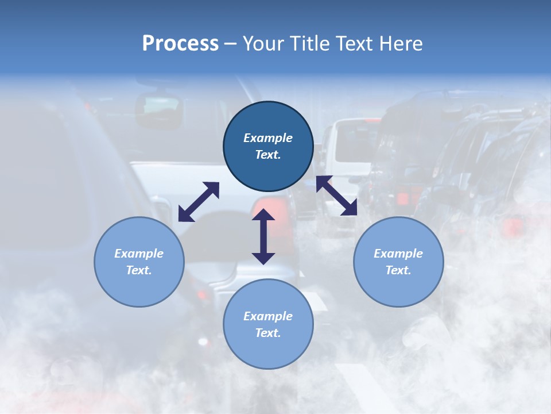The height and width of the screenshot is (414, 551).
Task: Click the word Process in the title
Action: click(x=180, y=44)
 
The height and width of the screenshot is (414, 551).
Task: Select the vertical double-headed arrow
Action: click(x=263, y=237)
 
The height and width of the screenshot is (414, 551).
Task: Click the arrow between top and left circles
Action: click(x=199, y=202)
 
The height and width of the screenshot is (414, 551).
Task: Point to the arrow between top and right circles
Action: click(x=337, y=195)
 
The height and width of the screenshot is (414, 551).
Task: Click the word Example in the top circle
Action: click(x=268, y=138)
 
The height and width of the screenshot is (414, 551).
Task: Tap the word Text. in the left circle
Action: click(x=139, y=270)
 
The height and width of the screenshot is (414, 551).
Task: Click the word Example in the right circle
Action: click(x=398, y=254)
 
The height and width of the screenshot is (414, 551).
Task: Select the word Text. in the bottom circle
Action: click(x=268, y=333)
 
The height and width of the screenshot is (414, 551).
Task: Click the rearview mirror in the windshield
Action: click(x=158, y=108)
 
